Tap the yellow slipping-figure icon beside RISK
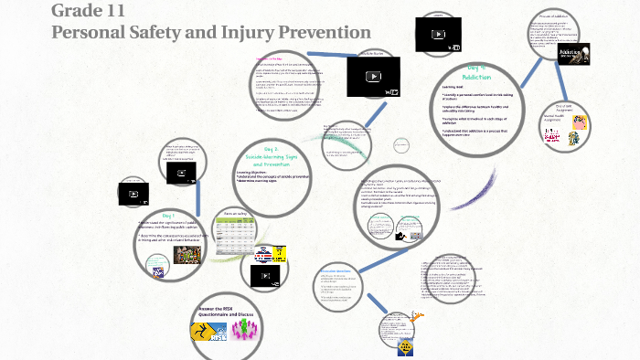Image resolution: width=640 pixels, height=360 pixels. click(x=204, y=333)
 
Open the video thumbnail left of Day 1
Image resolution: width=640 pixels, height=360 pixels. click(x=133, y=194)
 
